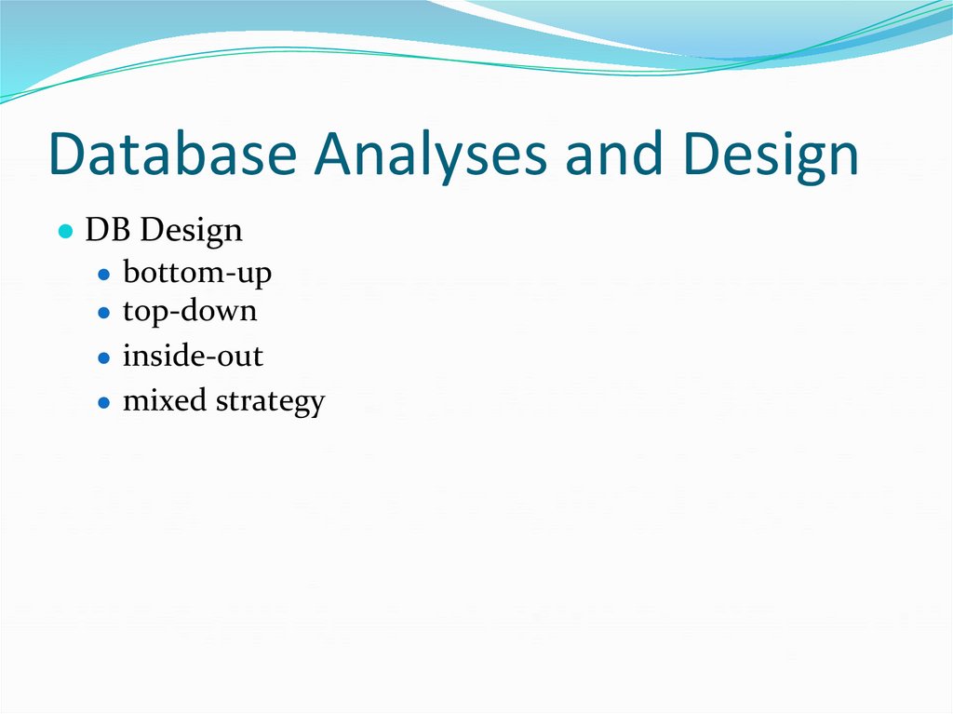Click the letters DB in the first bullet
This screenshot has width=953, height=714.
pos(103,230)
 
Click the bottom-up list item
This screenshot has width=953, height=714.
pos(197,274)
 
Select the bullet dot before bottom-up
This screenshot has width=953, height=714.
pos(104,276)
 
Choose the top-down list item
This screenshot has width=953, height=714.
pos(190,312)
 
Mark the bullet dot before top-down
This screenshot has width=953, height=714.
pos(104,313)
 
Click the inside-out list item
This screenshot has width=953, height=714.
pos(193,356)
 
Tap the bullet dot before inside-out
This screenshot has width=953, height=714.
pos(104,357)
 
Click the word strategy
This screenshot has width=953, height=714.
pos(270,403)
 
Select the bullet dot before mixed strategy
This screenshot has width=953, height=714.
pos(104,403)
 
